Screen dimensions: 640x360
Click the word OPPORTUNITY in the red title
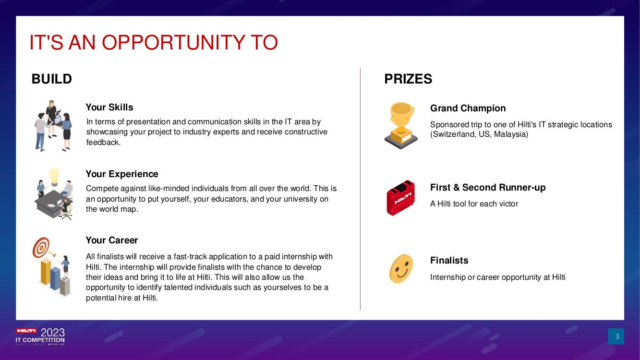click(173, 43)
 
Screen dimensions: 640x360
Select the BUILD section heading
click(52, 79)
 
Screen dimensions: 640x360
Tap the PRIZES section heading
click(408, 79)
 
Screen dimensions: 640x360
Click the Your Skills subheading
click(109, 107)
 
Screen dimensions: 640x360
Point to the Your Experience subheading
click(122, 174)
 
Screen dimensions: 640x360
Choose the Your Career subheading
click(112, 240)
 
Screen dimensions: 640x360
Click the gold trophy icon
click(401, 125)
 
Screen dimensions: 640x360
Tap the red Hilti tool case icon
click(400, 198)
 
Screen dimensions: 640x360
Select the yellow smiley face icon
click(401, 269)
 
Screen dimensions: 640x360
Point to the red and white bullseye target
click(41, 247)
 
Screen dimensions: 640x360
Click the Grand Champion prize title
click(468, 108)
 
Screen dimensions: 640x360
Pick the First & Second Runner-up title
click(488, 187)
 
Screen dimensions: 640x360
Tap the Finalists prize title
click(449, 260)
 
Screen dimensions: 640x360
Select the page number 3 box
click(616, 336)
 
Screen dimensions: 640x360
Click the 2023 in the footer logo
click(53, 333)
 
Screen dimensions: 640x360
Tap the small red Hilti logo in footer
click(26, 331)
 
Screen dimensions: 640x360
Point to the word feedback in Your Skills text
click(103, 142)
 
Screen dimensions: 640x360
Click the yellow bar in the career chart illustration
click(46, 272)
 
